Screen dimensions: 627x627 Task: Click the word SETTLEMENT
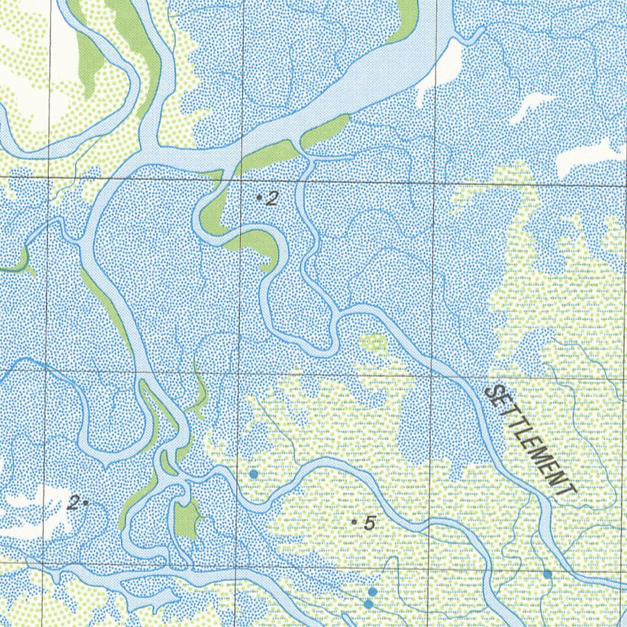point(530,440)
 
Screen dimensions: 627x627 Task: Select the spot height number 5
point(369,524)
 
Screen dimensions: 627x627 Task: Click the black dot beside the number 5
point(355,522)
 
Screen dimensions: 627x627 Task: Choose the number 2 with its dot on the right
point(73,504)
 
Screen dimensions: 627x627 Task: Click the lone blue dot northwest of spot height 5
point(253,474)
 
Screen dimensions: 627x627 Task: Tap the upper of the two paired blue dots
point(372,591)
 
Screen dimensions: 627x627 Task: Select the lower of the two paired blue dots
point(368,604)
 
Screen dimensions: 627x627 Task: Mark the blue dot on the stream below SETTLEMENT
point(547,574)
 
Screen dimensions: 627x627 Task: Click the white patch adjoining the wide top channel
point(446,67)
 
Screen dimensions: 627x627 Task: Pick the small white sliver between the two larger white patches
point(530,107)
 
